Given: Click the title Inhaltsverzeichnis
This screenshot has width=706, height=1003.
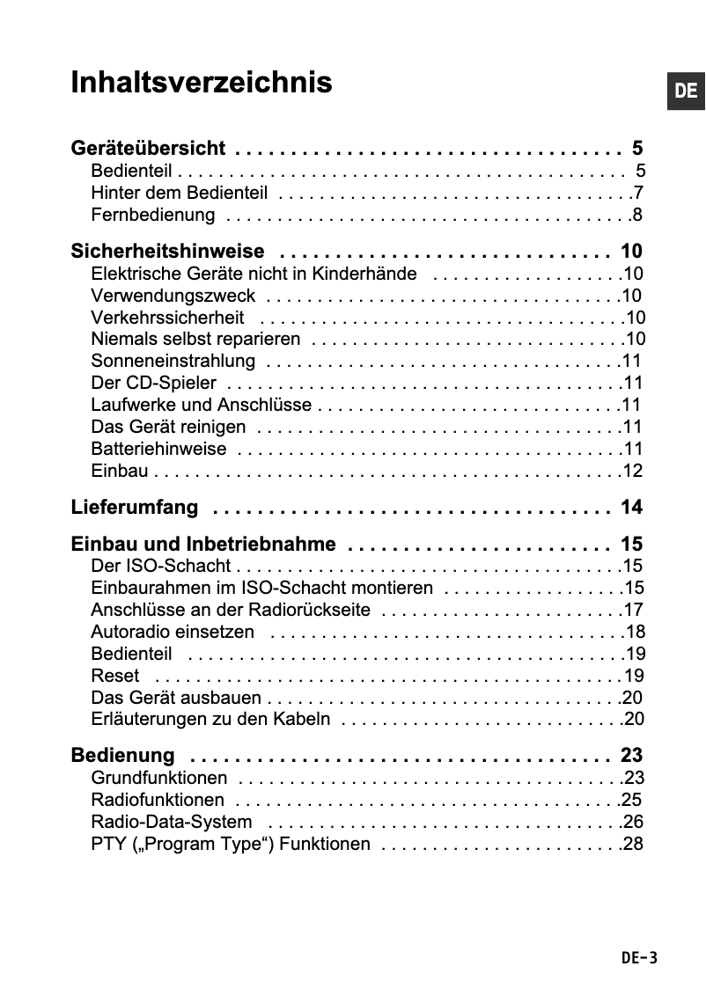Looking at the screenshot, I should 202,83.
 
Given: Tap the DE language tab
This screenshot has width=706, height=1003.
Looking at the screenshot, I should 686,91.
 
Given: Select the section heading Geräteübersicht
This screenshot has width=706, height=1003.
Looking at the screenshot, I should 148,148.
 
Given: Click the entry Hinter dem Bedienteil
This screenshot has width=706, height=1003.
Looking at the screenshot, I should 179,193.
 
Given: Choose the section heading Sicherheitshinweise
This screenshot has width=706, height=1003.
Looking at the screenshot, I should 167,251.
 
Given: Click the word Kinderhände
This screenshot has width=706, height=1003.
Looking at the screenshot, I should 368,274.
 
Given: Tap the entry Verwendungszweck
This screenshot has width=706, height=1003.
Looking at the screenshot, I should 173,296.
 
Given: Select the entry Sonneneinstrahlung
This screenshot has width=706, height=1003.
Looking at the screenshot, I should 173,361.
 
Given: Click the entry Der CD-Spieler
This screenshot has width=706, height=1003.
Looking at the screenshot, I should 154,383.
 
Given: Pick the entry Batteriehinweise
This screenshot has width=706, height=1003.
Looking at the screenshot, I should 158,450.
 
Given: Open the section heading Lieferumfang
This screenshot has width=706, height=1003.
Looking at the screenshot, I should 135,508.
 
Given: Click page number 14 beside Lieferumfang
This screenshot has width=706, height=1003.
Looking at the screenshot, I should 631,508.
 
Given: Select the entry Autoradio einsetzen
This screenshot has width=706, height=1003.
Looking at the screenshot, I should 173,632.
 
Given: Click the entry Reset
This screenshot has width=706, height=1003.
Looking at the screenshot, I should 115,676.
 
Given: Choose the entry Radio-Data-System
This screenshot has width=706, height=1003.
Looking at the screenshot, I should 172,822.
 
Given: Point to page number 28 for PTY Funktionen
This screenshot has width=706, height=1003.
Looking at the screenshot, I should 632,845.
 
